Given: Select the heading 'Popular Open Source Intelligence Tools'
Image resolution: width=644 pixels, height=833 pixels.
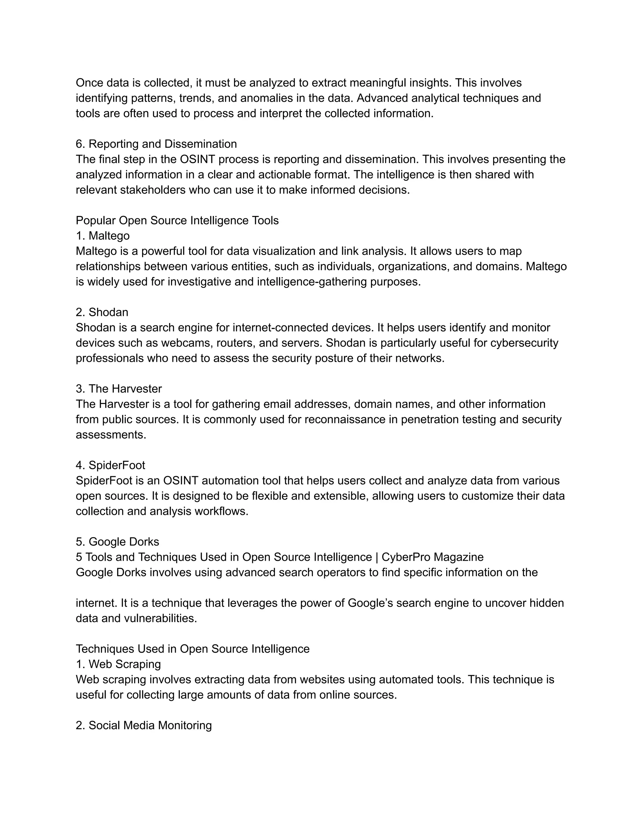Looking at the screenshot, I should pyautogui.click(x=177, y=220).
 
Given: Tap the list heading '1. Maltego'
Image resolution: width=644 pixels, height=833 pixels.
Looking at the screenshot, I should pyautogui.click(x=103, y=236).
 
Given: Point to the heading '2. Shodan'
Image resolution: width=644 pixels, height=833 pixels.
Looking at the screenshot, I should pyautogui.click(x=102, y=312).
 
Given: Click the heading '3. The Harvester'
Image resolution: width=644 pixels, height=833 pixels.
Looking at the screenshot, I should pyautogui.click(x=119, y=389).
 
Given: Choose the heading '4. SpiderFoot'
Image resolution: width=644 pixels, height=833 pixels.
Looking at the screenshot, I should pyautogui.click(x=110, y=465).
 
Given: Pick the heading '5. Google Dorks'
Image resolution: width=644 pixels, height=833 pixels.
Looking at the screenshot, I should pyautogui.click(x=117, y=542).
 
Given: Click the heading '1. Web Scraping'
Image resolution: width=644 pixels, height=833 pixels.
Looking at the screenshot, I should pyautogui.click(x=118, y=664).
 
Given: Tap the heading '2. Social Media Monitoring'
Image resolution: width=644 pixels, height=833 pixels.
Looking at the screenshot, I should pyautogui.click(x=143, y=725).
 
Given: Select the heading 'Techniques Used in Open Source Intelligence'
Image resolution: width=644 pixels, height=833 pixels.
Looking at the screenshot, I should pyautogui.click(x=193, y=649).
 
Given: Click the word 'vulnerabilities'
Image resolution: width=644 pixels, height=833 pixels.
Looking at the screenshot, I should pyautogui.click(x=160, y=618).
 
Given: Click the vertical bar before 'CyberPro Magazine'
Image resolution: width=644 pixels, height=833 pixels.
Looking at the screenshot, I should pyautogui.click(x=377, y=557).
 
